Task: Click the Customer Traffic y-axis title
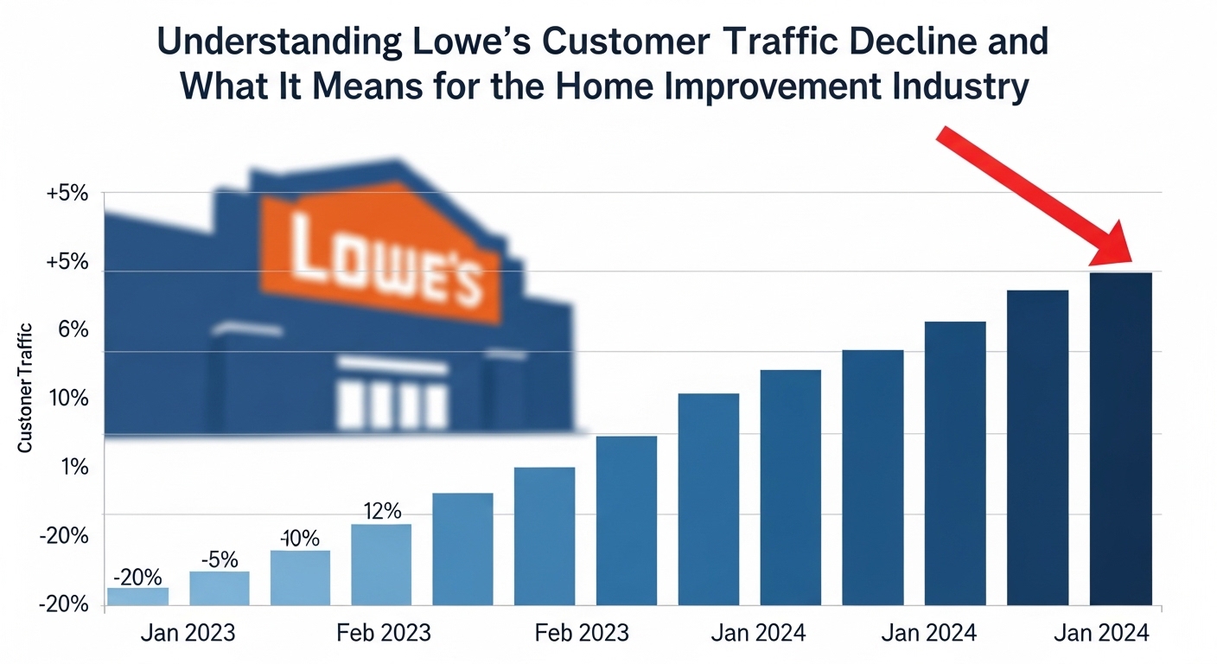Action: (x=25, y=388)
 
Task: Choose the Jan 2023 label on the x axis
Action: (x=187, y=634)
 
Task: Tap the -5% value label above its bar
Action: (x=219, y=559)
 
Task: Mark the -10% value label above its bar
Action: (x=299, y=538)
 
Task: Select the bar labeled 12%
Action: (x=381, y=565)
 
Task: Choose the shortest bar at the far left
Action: (x=137, y=597)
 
